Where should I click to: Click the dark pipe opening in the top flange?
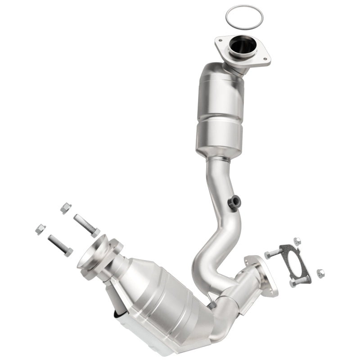[x=242, y=46]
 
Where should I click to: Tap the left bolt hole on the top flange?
[x=221, y=40]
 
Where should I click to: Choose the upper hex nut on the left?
[x=66, y=207]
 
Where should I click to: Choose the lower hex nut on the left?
[x=40, y=229]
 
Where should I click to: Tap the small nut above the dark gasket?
[x=297, y=241]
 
